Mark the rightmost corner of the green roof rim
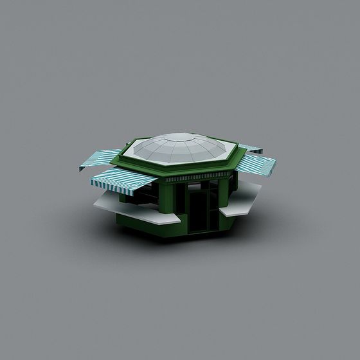point(242,154)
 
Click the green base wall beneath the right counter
point(238,221)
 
